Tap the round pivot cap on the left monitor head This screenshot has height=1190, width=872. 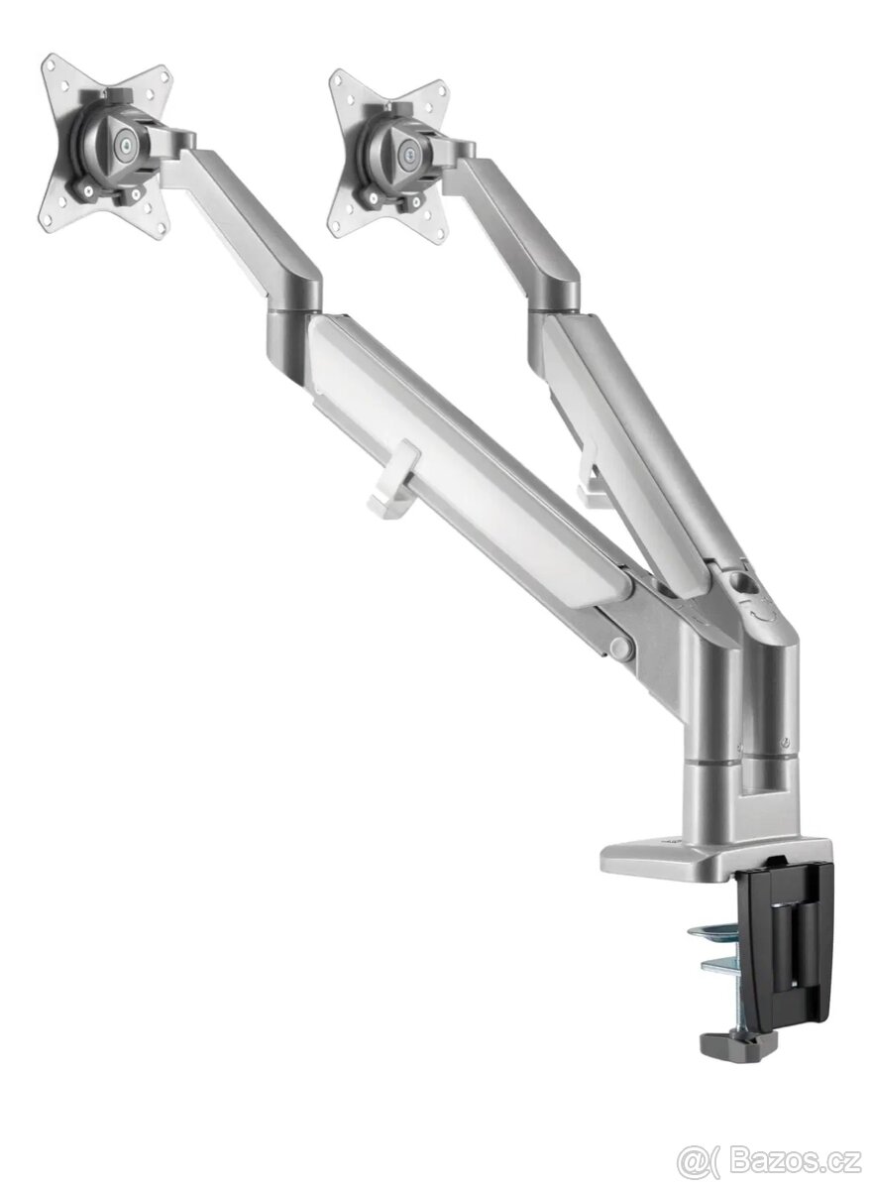point(126,142)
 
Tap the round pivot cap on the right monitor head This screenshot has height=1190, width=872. point(411,154)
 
